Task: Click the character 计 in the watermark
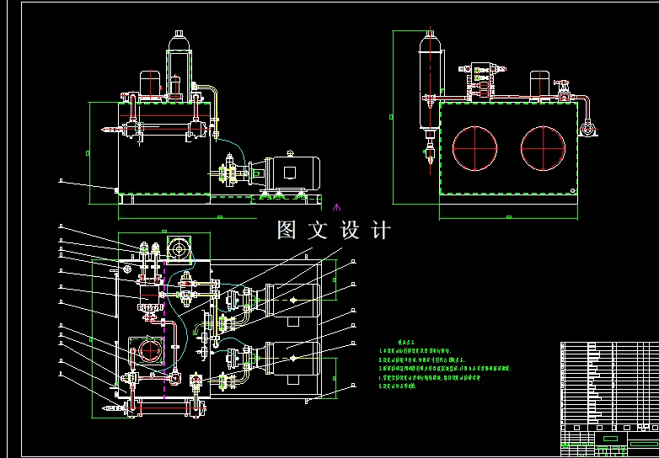[x=381, y=230]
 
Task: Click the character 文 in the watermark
[x=319, y=230]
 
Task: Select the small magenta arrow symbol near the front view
[x=338, y=205]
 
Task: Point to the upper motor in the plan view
[x=290, y=300]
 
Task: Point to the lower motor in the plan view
[x=290, y=358]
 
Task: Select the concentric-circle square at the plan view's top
[x=178, y=248]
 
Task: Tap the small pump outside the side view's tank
[x=588, y=129]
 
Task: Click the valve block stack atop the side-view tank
[x=480, y=76]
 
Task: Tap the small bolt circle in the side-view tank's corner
[x=574, y=189]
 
